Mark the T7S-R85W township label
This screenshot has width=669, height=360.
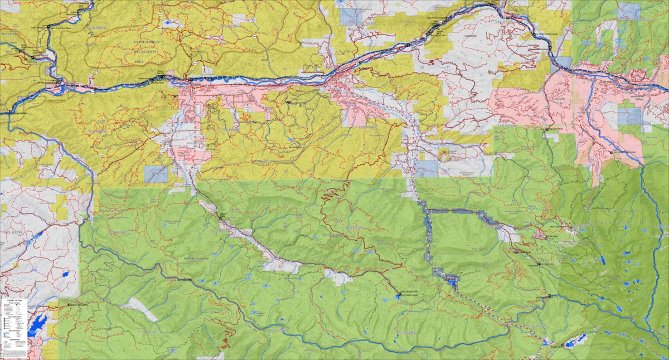405,333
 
